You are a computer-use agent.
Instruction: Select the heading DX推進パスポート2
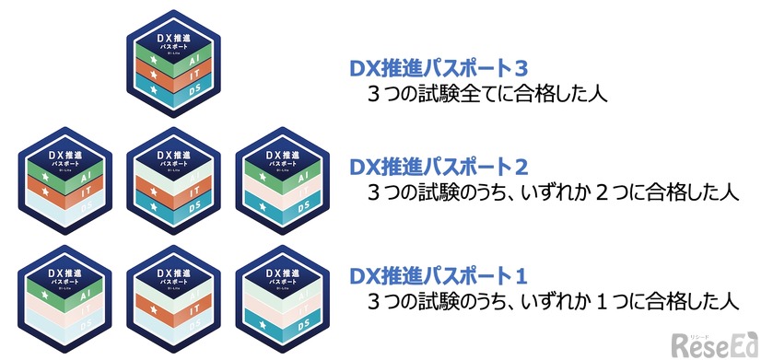439,168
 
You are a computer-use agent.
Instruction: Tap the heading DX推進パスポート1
439,275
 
